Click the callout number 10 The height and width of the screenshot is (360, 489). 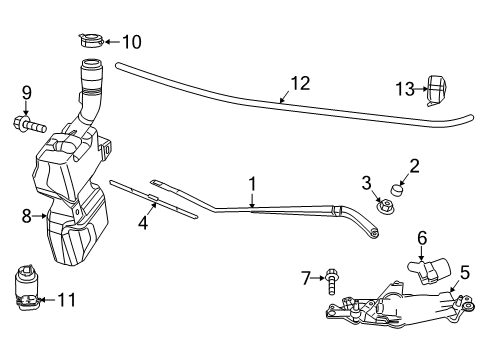point(131,42)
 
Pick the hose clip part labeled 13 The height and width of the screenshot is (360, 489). point(436,90)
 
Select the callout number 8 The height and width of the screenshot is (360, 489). point(26,214)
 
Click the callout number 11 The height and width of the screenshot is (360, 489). point(66,298)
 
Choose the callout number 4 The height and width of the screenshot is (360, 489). point(144,225)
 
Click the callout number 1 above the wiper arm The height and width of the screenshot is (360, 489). point(253,183)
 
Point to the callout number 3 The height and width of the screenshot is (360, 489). point(367,181)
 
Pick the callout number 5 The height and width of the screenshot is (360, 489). point(464,271)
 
